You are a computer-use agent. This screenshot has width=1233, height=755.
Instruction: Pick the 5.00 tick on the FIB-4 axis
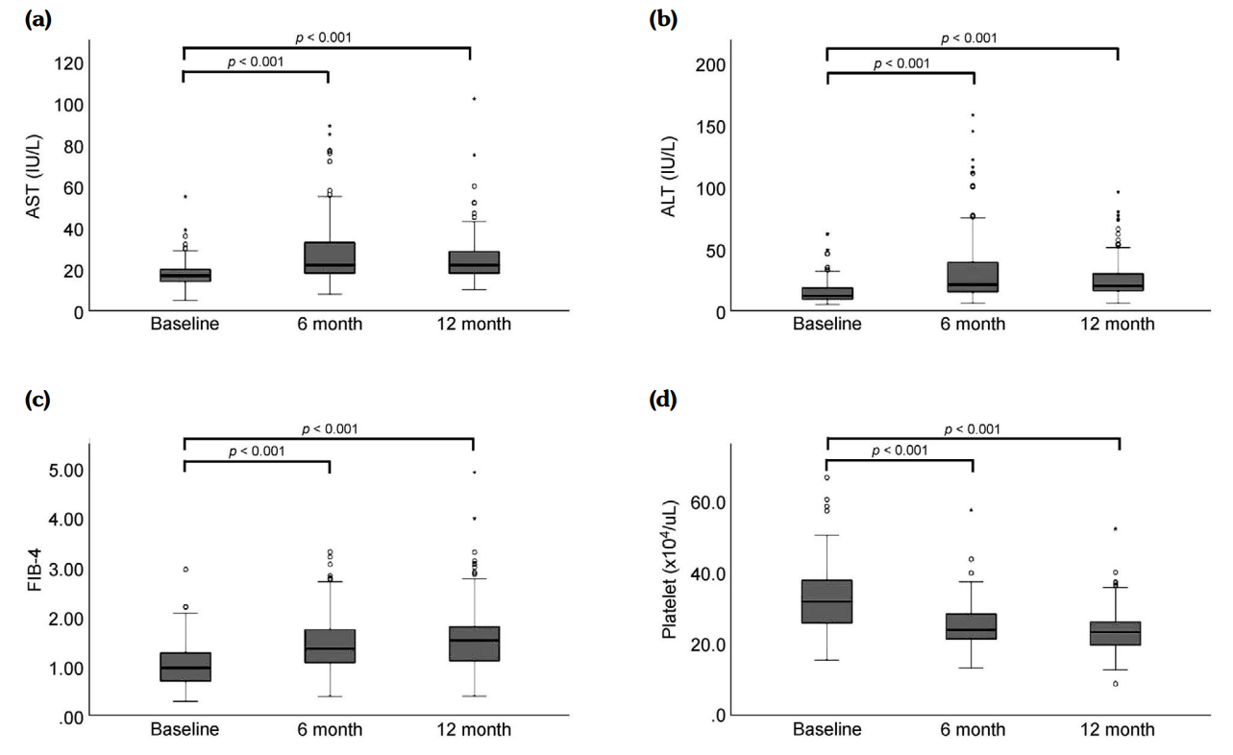coord(65,470)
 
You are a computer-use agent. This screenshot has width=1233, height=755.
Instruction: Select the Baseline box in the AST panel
coord(185,275)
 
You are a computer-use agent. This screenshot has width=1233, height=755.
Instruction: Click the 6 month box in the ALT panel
coord(972,277)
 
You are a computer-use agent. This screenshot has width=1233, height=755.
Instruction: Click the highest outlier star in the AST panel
coord(473,99)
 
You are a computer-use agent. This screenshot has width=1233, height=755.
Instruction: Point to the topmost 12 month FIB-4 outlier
coord(473,473)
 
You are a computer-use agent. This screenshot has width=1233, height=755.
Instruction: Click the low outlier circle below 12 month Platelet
coord(1116,684)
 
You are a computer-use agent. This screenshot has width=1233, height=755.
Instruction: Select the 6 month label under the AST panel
coord(329,324)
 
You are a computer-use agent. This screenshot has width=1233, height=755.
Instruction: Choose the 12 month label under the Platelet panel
coord(1117,730)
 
